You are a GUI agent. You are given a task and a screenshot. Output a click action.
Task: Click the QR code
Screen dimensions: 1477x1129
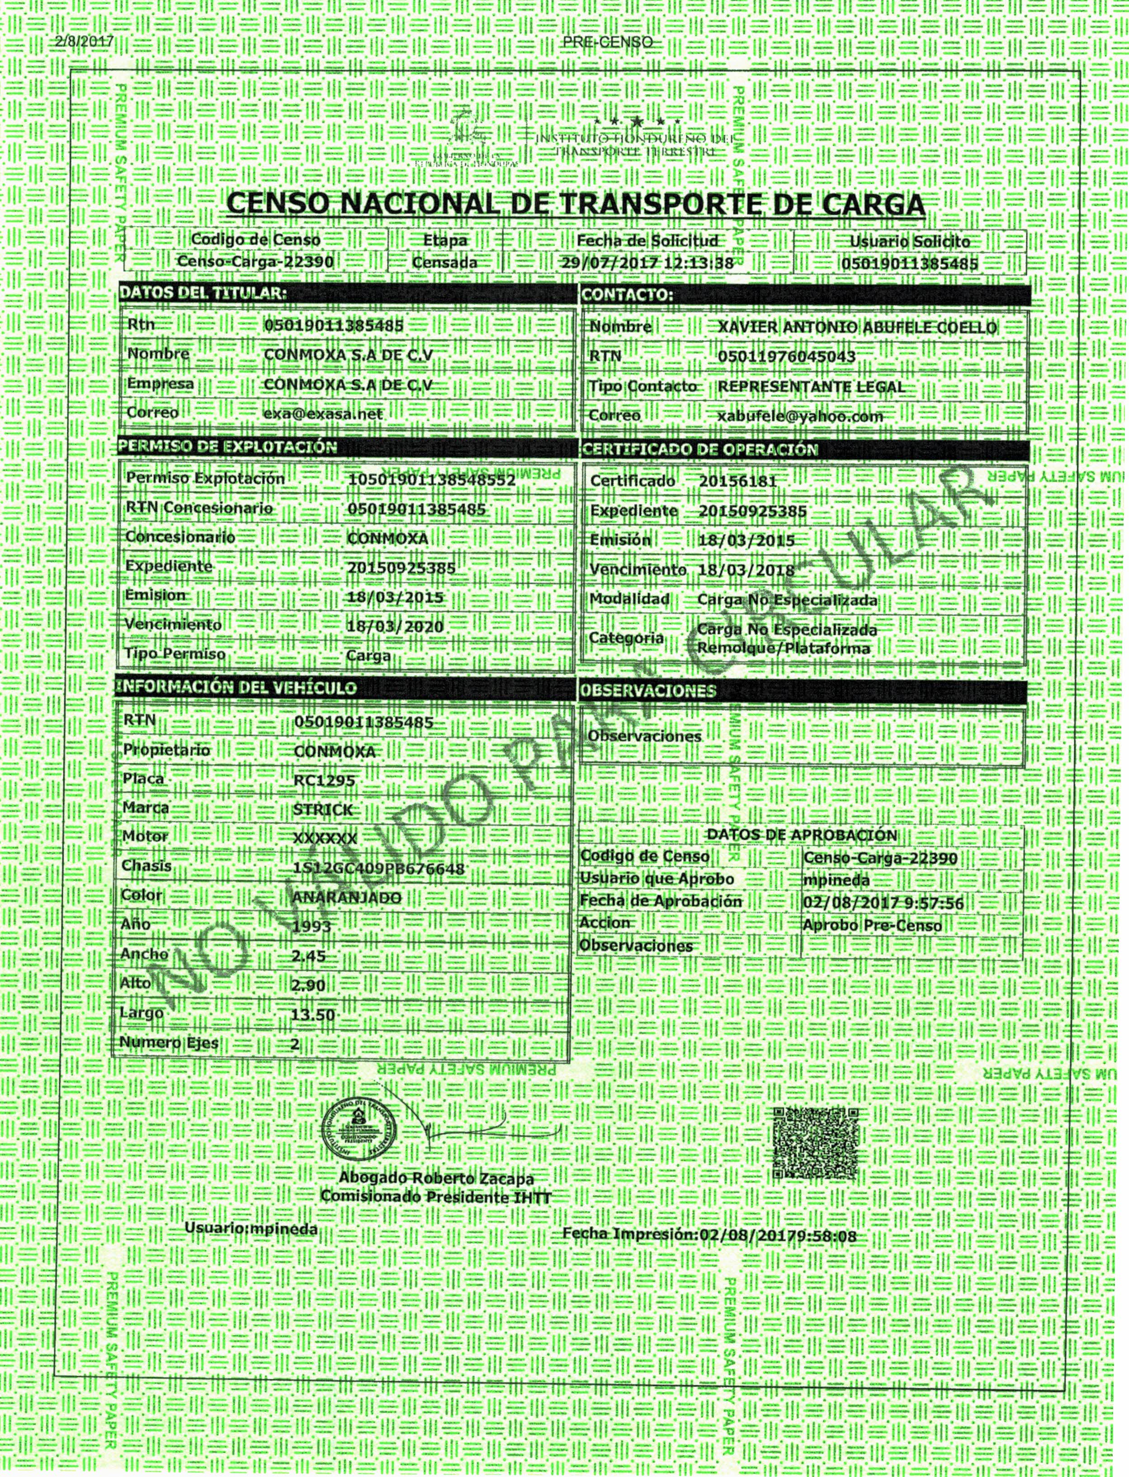(816, 1142)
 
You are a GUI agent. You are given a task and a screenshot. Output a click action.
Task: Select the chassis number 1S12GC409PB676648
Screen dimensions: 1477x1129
(379, 868)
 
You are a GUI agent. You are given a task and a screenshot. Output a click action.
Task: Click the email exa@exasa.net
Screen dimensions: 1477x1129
(323, 414)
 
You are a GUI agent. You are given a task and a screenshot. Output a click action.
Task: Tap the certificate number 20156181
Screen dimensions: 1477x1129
(737, 481)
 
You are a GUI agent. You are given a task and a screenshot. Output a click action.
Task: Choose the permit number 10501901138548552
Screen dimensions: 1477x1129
(431, 480)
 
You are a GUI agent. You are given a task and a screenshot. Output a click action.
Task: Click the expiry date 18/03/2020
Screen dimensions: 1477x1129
(395, 626)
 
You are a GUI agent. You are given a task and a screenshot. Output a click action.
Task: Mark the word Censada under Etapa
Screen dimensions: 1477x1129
(445, 262)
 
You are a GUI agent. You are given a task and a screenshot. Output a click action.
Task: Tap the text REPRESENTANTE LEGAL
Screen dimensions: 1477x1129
(811, 387)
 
